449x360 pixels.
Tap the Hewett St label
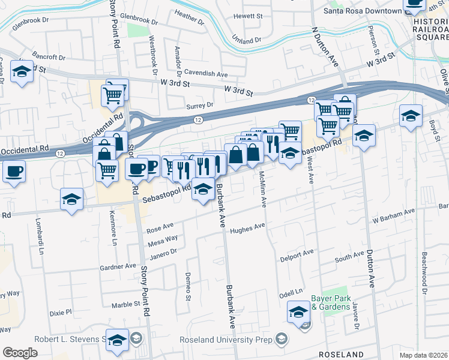[x=249, y=16]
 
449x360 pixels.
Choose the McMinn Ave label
[x=262, y=190]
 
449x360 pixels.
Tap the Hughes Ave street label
[x=247, y=227]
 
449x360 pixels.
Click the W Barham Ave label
[x=393, y=215]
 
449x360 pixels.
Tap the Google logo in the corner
[x=20, y=353]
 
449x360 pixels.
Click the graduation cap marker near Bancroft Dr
[x=22, y=72]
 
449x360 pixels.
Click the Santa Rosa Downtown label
[x=362, y=11]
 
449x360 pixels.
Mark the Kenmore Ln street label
[x=113, y=228]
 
